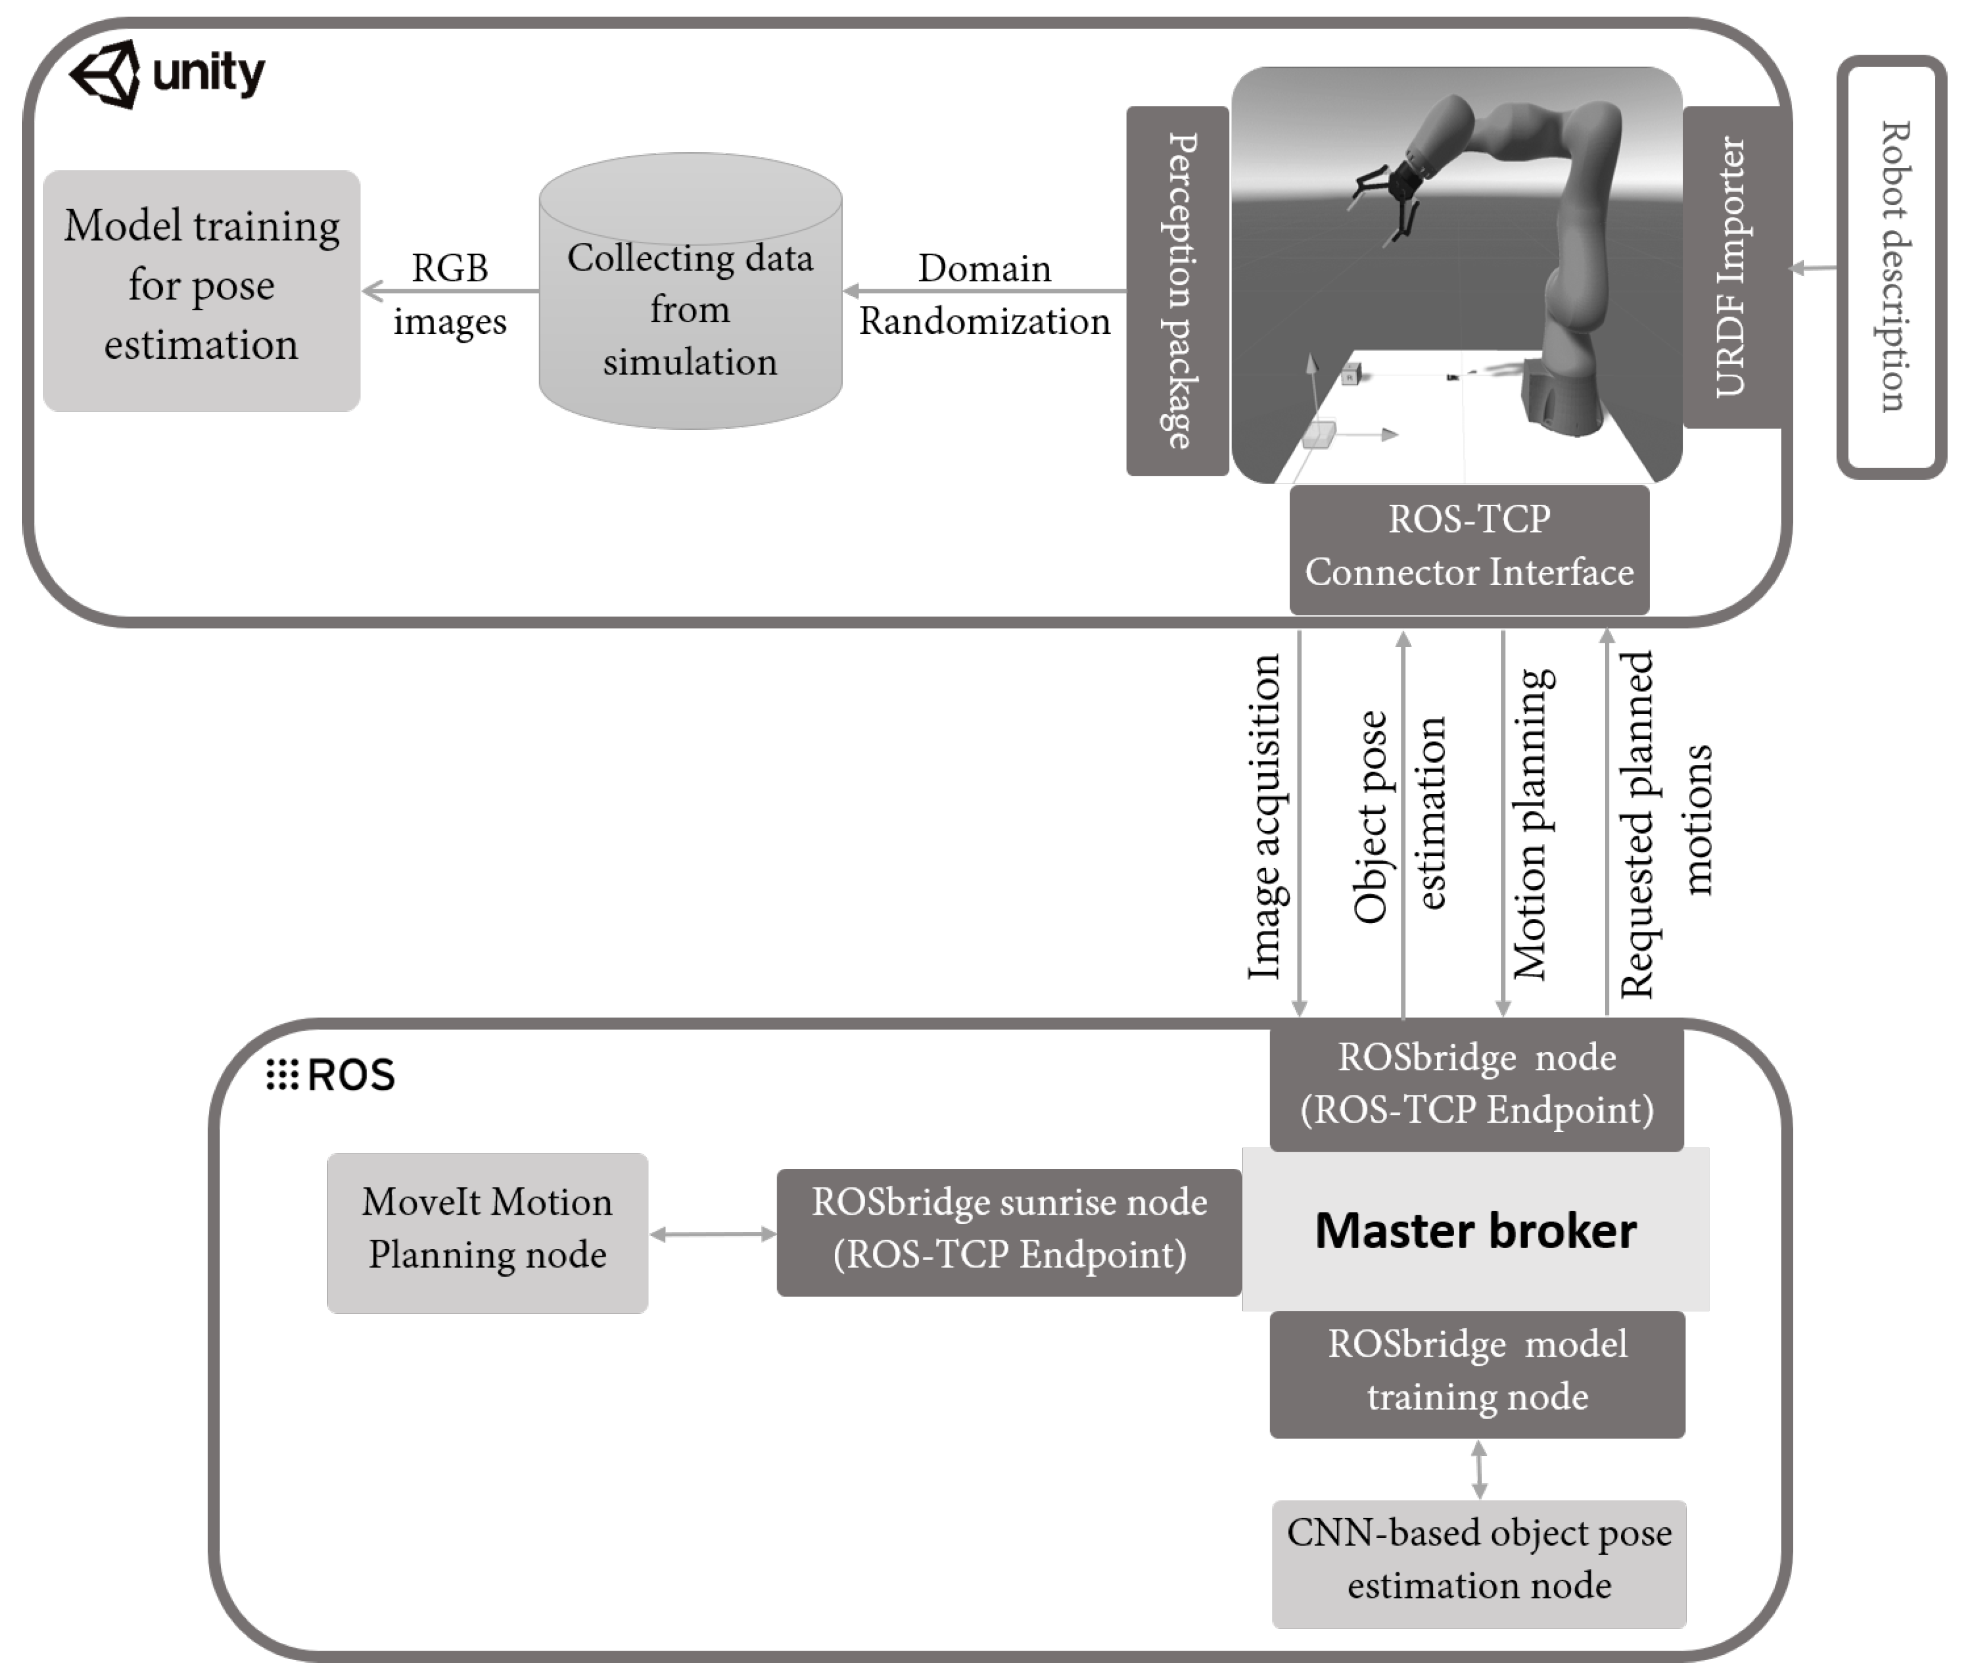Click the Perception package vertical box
[1176, 290]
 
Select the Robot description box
[1891, 268]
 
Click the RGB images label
[449, 294]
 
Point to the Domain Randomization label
[984, 294]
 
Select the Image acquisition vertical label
[1264, 816]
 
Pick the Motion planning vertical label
[1531, 824]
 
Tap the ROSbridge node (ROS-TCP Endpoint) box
[1476, 1084]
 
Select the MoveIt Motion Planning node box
[487, 1230]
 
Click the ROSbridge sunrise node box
[1009, 1230]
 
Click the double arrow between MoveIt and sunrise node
[713, 1234]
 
